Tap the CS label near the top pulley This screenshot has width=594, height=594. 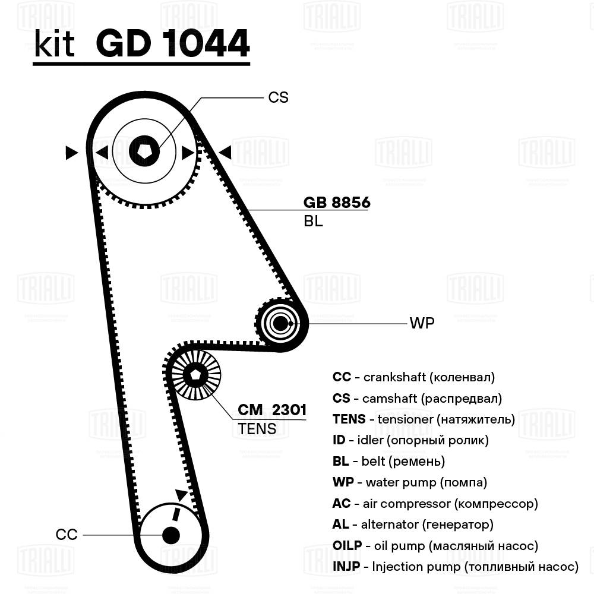(278, 97)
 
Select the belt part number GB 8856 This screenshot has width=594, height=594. (337, 203)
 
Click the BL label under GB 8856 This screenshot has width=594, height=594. (312, 222)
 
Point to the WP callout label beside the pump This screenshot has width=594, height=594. (422, 324)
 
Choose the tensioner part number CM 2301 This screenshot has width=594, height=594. (272, 410)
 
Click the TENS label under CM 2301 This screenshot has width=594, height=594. (257, 428)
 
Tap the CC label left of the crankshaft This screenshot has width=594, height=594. (67, 535)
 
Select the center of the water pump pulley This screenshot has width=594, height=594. (280, 323)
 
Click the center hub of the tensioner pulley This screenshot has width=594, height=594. (195, 375)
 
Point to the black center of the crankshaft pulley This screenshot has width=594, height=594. (170, 535)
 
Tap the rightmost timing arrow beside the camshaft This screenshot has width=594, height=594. (225, 153)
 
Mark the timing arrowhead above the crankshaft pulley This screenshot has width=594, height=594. (180, 494)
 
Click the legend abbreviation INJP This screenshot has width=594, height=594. (346, 567)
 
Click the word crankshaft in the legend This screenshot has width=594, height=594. (394, 377)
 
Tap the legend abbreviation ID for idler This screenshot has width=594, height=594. (339, 440)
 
